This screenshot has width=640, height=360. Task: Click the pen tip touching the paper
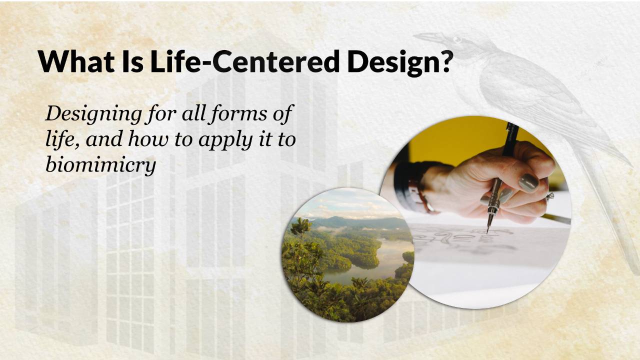click(x=487, y=230)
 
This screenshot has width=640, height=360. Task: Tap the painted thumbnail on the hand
click(x=528, y=183)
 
